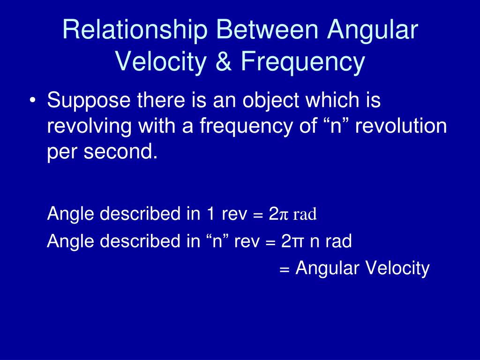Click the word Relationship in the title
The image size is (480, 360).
(135, 30)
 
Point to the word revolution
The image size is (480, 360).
(401, 126)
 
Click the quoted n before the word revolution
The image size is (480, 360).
(335, 126)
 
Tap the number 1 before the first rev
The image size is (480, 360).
(210, 214)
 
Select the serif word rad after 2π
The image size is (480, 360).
(305, 214)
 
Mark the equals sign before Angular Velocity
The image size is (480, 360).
(285, 270)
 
